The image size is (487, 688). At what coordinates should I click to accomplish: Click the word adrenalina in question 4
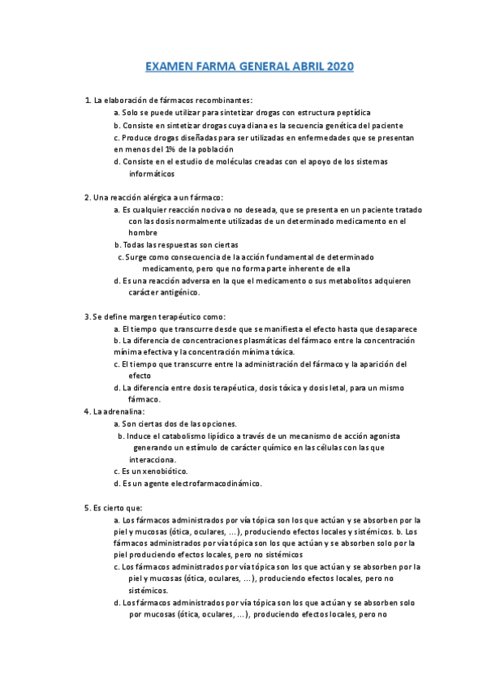click(123, 411)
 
